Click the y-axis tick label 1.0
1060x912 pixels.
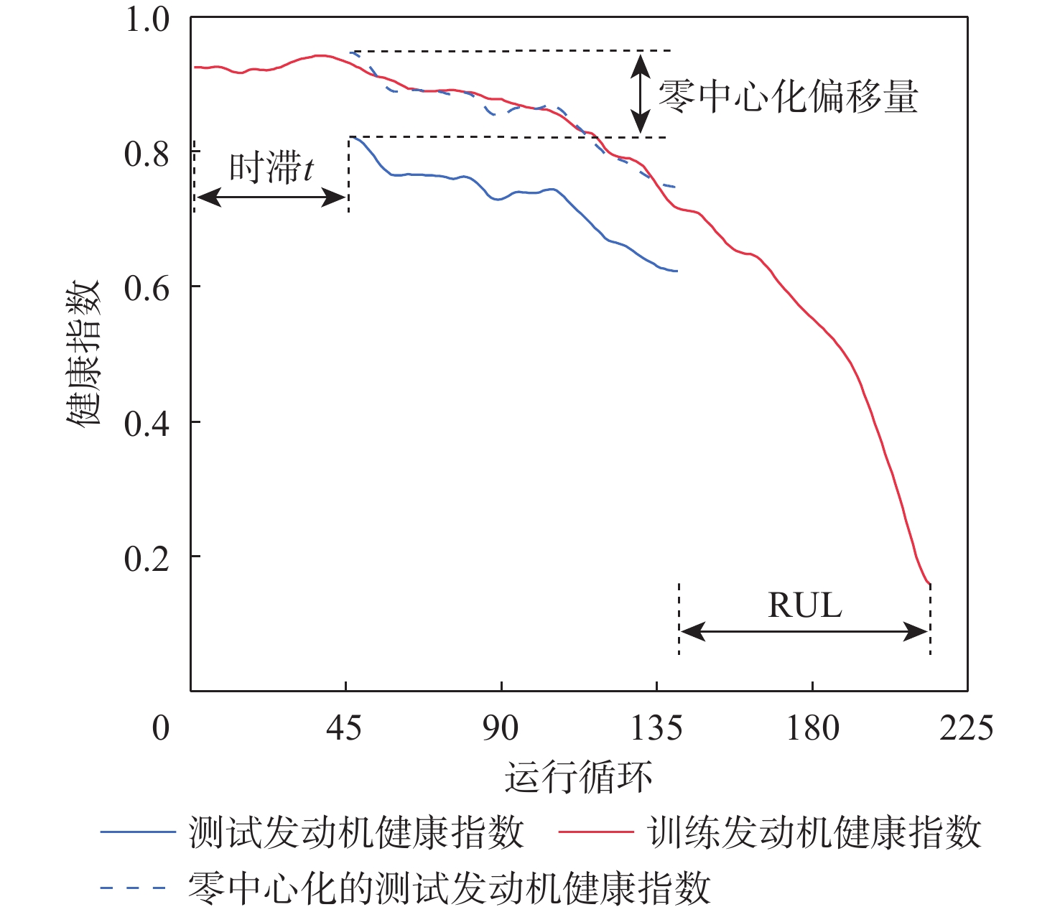point(147,19)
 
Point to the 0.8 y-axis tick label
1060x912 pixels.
point(147,154)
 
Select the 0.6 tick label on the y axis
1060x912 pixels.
point(147,288)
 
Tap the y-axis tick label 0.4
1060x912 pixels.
point(147,423)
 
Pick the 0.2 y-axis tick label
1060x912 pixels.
point(147,558)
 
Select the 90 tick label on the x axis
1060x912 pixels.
point(500,728)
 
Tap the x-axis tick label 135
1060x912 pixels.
point(656,728)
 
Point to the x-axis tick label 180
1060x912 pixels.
point(812,728)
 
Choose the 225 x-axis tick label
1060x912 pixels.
point(967,728)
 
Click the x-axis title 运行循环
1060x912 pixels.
point(579,776)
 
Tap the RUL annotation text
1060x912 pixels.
point(804,605)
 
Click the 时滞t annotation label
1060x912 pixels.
point(271,169)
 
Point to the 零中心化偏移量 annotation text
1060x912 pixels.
point(789,96)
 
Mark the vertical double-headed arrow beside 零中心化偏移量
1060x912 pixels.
point(640,94)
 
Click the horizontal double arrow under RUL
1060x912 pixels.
point(804,632)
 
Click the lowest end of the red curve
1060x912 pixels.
point(930,584)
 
